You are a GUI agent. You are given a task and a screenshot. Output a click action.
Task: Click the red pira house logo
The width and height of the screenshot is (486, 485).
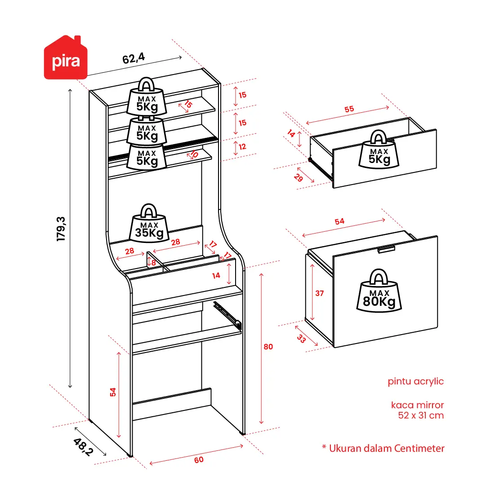coord(66,57)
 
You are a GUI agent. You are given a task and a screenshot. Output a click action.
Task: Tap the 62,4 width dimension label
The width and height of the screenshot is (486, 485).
coord(133,58)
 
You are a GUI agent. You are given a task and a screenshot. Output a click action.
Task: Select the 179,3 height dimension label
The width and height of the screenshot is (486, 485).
coord(61,229)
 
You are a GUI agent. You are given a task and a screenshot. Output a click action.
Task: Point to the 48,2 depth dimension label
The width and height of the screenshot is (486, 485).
coord(83,447)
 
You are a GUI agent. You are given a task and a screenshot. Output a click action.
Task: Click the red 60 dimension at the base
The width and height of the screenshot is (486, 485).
coord(199,459)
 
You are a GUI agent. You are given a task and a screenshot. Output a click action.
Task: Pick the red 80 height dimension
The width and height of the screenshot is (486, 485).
coord(268,347)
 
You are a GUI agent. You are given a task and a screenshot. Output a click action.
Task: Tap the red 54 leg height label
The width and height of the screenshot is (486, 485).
coord(113,392)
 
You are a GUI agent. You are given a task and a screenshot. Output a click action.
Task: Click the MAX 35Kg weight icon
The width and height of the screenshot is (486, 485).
coord(149,223)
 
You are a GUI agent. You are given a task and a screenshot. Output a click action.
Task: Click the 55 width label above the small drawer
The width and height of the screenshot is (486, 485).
coord(349,109)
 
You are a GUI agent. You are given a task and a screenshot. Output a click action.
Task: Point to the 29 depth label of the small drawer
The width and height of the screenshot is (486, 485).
coord(298,178)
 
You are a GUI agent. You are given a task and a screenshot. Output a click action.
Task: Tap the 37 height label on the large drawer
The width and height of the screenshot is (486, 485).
coord(320,293)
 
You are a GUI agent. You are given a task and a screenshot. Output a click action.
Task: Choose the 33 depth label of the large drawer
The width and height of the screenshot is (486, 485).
coord(301,339)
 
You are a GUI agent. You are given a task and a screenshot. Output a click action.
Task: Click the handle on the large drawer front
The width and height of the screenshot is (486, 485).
coord(386,250)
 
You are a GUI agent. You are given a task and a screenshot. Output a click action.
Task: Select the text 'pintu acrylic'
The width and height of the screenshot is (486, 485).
coord(416,381)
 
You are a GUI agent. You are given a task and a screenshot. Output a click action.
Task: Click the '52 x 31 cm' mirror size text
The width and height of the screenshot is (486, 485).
coord(421,415)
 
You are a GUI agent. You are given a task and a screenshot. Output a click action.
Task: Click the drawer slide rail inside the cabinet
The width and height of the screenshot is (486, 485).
coord(227,315)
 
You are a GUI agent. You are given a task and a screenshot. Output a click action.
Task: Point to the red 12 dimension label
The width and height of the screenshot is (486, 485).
coord(242,147)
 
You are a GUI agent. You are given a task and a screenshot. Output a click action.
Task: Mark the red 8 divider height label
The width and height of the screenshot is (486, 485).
coord(153,263)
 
